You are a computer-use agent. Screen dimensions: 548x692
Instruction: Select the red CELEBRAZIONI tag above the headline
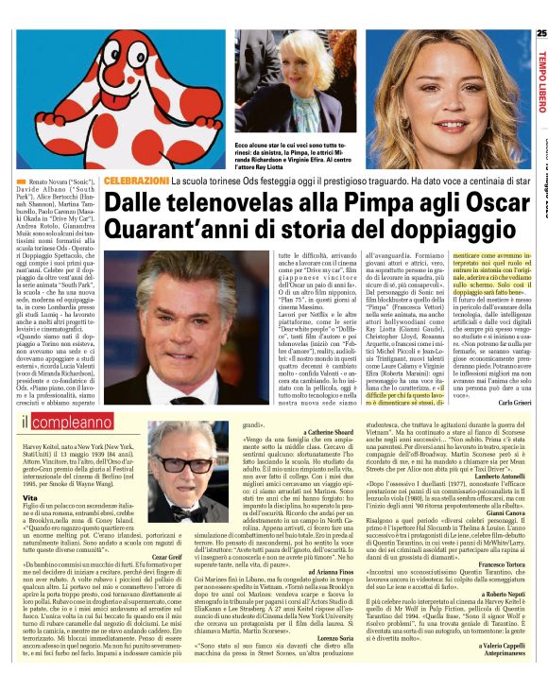136,180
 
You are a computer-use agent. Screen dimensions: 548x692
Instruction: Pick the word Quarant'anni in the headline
176,231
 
